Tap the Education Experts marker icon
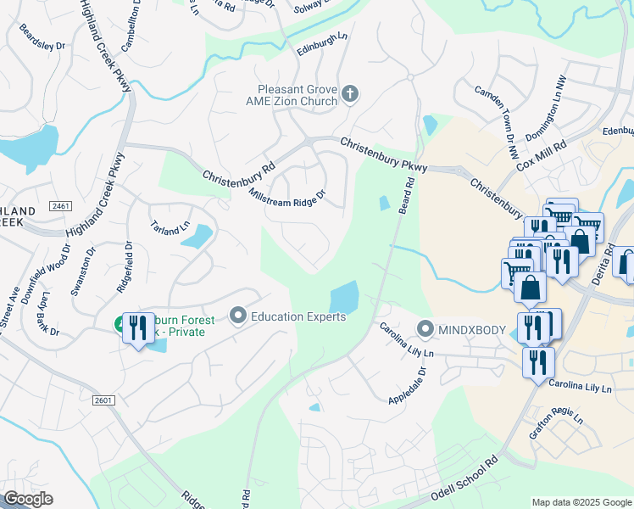[x=238, y=316]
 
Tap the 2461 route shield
[x=60, y=206]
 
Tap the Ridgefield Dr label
[x=124, y=267]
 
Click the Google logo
[x=29, y=498]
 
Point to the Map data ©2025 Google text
[x=580, y=501]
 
